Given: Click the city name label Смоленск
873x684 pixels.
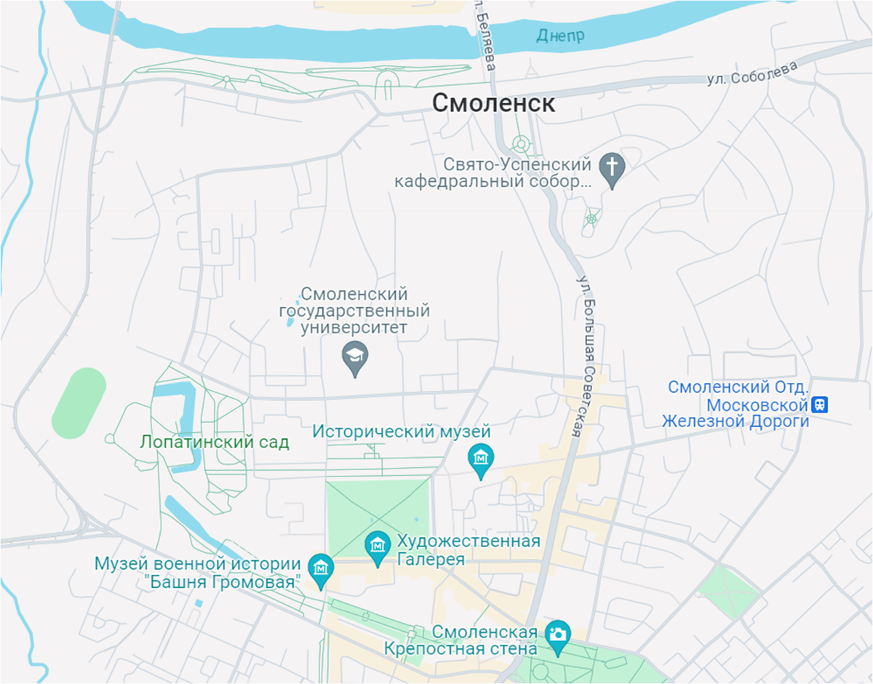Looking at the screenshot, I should point(493,103).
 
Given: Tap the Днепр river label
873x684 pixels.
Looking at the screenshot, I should point(560,35).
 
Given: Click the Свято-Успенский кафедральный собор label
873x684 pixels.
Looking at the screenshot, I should point(493,173).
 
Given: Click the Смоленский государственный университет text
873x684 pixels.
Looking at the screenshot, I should point(354,311).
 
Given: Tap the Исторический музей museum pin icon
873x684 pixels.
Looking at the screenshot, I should point(480,458).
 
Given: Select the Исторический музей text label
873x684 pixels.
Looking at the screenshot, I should point(402,432).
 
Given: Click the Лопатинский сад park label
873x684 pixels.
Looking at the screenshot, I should point(215,442).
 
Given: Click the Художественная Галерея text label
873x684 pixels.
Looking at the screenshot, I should point(469,550).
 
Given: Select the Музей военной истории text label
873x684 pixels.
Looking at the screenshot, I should point(198,564).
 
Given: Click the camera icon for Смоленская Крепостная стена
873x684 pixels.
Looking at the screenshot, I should point(558,633).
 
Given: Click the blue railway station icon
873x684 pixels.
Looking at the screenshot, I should point(821,404).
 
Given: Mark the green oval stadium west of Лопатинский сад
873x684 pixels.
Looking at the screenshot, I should point(79,402).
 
